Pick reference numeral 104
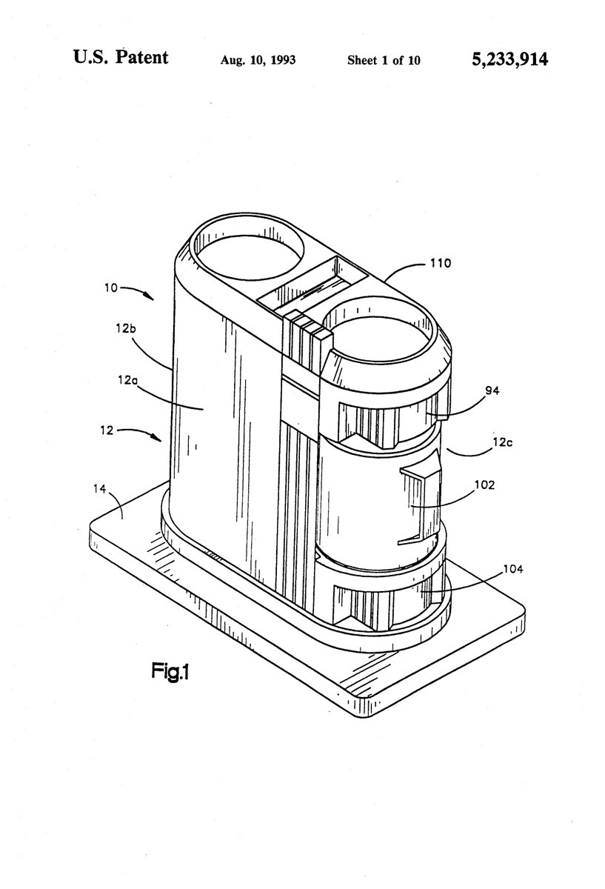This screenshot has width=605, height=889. click(492, 569)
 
